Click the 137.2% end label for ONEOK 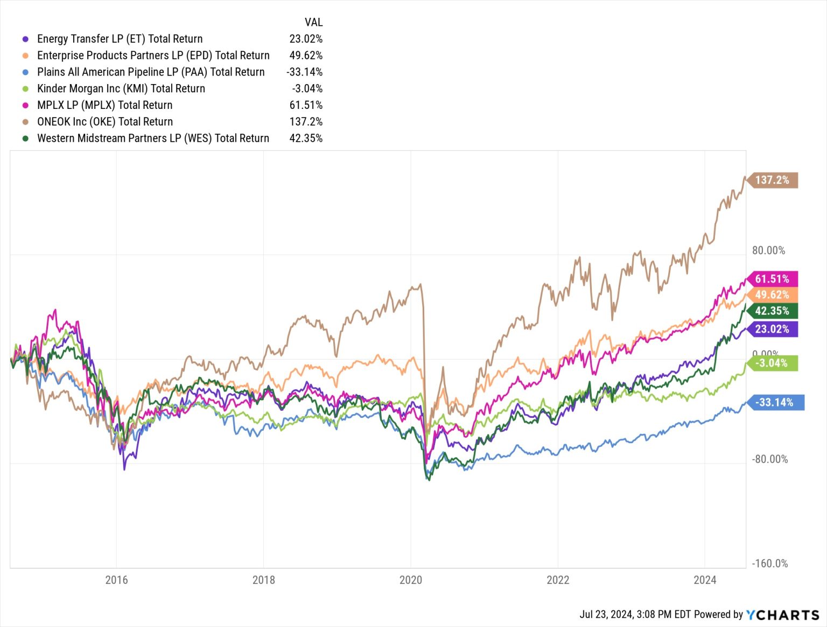pyautogui.click(x=772, y=180)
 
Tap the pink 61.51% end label pyautogui.click(x=772, y=279)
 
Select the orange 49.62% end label pyautogui.click(x=772, y=295)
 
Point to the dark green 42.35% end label pyautogui.click(x=772, y=311)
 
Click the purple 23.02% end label pyautogui.click(x=772, y=329)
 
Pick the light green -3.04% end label pyautogui.click(x=772, y=363)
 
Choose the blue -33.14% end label pyautogui.click(x=775, y=403)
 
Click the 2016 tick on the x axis pyautogui.click(x=116, y=580)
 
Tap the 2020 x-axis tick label pyautogui.click(x=410, y=580)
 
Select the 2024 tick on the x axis pyautogui.click(x=705, y=580)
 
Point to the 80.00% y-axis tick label pyautogui.click(x=768, y=251)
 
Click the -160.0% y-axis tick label pyautogui.click(x=769, y=564)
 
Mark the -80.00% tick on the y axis pyautogui.click(x=769, y=459)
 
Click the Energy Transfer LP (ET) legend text pyautogui.click(x=120, y=39)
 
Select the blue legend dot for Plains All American pyautogui.click(x=25, y=72)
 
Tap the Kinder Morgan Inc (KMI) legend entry pyautogui.click(x=121, y=88)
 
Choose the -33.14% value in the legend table pyautogui.click(x=304, y=72)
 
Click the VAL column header pyautogui.click(x=313, y=22)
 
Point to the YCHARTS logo pyautogui.click(x=782, y=615)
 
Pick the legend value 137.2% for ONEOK pyautogui.click(x=306, y=122)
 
